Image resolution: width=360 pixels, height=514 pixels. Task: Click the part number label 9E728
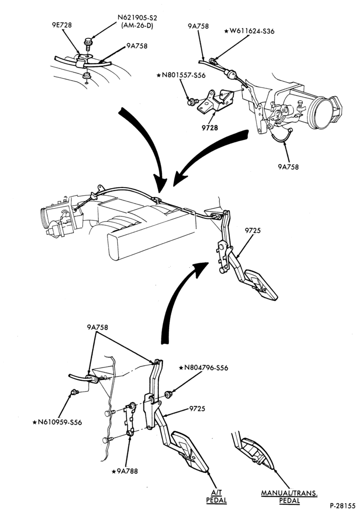[x=62, y=25]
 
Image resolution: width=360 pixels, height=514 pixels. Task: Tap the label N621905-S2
[x=137, y=17]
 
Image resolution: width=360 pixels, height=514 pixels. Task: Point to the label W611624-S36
[x=249, y=31]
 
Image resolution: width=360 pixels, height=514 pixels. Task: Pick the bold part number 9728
[x=210, y=128]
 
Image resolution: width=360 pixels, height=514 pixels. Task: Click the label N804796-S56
[x=203, y=368]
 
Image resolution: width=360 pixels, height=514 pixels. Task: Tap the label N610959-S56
[x=57, y=423]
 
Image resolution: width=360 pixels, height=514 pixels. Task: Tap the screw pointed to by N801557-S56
[x=191, y=102]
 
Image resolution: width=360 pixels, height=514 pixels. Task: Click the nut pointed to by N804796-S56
[x=168, y=394]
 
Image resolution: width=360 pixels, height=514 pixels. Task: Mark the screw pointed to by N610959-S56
[x=75, y=392]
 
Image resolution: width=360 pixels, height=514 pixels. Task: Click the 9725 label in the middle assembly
[x=253, y=230]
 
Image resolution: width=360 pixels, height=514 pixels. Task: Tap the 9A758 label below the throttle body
[x=289, y=167]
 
